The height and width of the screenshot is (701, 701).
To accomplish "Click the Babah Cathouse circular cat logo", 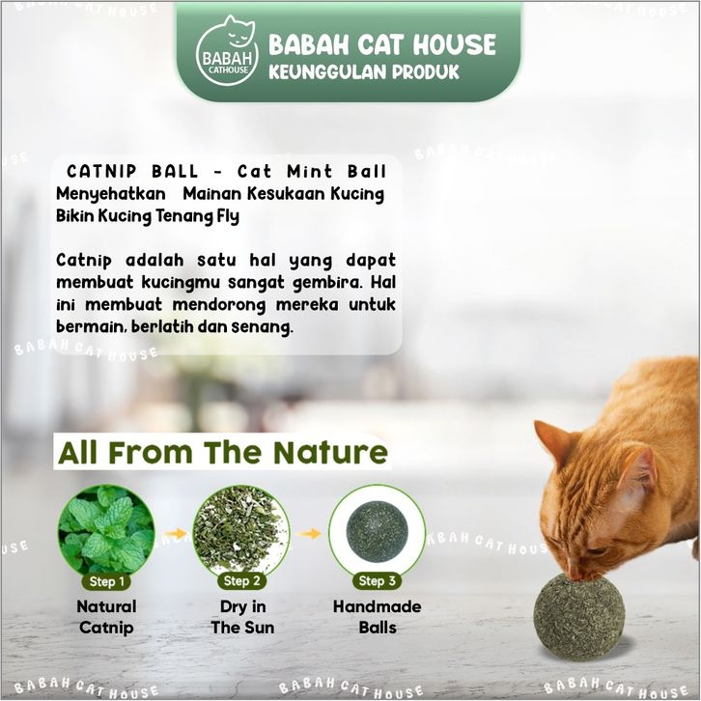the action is coord(227,51).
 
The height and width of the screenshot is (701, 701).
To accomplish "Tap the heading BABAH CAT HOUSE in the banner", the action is coord(382,44).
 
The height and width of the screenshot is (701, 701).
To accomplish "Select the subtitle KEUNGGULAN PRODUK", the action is coord(364,72).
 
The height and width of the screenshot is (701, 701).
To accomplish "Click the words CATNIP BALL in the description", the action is coord(132,171).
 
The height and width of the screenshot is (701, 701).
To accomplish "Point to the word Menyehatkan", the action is coord(111,194).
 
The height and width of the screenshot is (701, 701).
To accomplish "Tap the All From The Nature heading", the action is coord(223,453).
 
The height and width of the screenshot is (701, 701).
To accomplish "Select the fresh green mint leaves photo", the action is coord(106,531).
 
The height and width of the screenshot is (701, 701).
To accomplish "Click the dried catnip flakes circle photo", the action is coord(241,531).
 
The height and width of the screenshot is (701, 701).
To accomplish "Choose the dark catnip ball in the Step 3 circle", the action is coord(377,531).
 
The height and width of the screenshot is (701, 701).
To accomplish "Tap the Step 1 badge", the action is coord(107,581).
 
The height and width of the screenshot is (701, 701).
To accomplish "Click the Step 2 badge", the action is coord(241,581).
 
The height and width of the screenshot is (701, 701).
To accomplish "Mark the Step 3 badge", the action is coord(377,581).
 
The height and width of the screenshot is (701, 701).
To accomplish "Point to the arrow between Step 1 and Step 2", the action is coord(176,533).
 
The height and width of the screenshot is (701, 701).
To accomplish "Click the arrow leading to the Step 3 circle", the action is coord(309,533).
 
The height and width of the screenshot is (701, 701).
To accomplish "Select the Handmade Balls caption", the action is coord(378,617).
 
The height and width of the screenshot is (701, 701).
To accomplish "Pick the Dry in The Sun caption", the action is coord(242,617).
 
